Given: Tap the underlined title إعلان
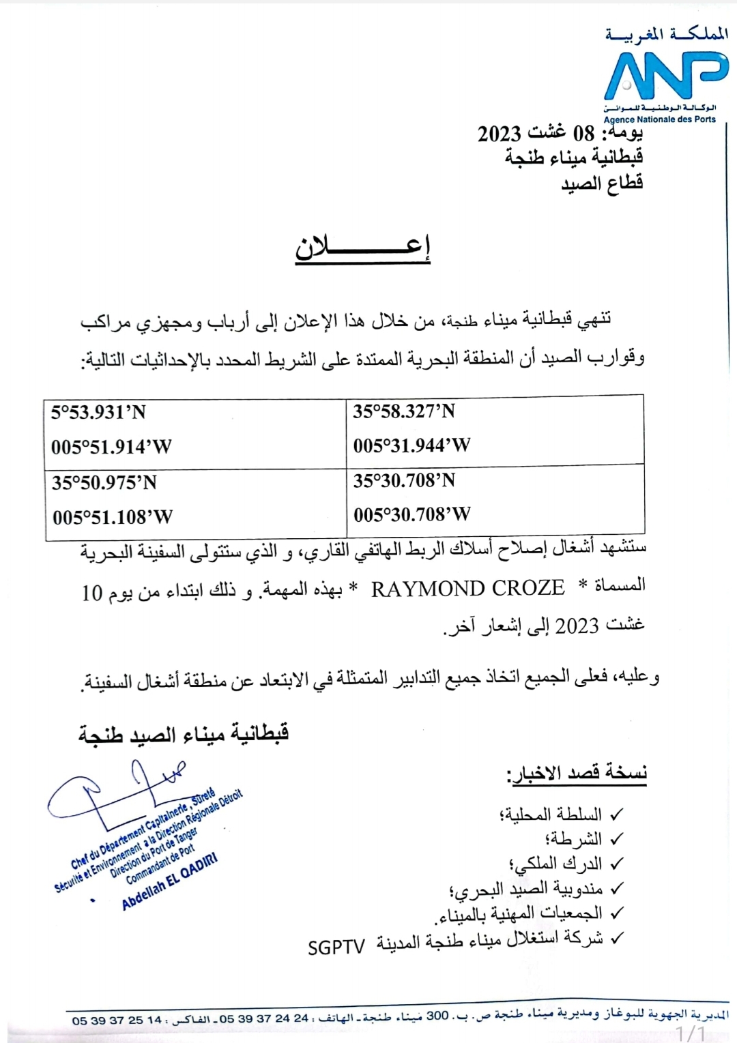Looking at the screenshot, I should (x=362, y=248).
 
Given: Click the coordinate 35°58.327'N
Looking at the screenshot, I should (x=404, y=411).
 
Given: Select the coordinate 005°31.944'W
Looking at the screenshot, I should (x=411, y=445).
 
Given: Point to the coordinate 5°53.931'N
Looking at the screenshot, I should (x=98, y=412).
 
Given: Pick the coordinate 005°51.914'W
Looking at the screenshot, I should (x=111, y=447).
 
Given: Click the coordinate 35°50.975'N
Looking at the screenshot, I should (x=104, y=483).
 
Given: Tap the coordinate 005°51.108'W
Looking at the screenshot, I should (x=113, y=517).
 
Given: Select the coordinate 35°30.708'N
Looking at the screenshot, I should (x=404, y=481).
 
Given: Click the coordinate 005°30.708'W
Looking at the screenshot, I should (x=412, y=514).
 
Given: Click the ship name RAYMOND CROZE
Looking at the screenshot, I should (x=467, y=589).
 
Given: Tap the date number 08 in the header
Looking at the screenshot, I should (x=583, y=133).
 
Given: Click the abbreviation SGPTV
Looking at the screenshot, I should (x=336, y=947).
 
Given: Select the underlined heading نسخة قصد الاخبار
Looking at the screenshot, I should (x=577, y=774).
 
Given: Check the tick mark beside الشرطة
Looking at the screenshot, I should (x=616, y=838).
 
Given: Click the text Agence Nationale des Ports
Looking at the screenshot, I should (x=659, y=119).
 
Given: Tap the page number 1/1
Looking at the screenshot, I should (x=691, y=1033).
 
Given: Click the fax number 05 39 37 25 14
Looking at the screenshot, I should (x=117, y=1020).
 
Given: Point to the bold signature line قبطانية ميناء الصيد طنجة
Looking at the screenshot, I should (x=184, y=734).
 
